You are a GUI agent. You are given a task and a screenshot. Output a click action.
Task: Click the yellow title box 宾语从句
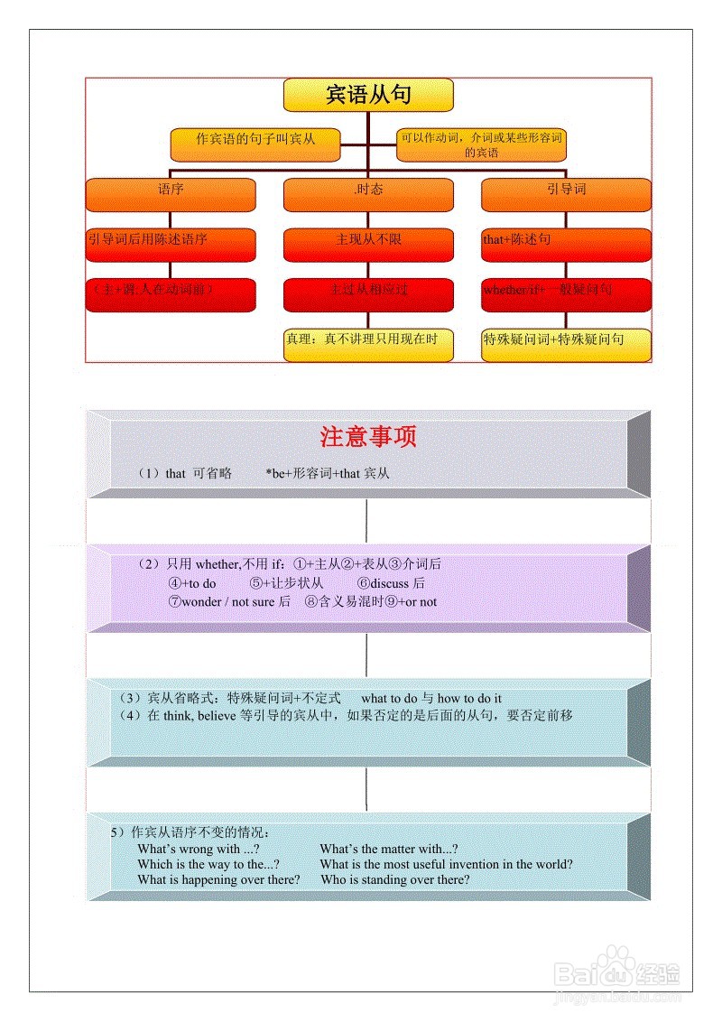pos(368,95)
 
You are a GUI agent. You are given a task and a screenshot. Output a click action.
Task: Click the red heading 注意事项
pos(368,437)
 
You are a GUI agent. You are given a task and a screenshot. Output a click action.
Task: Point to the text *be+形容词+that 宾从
pos(328,473)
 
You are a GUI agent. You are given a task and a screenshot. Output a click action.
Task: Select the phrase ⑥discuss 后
pos(391,583)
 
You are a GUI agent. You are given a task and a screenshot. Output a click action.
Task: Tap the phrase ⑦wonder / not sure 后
pos(229,601)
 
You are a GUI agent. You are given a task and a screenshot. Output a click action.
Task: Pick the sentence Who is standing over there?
pos(395,879)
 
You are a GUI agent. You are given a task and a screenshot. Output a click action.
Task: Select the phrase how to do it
pos(469,698)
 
